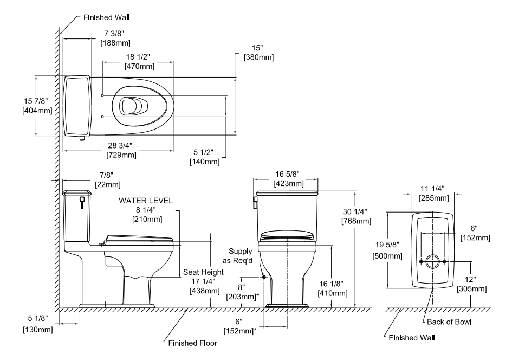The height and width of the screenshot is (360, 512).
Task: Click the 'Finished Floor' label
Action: click(193, 343)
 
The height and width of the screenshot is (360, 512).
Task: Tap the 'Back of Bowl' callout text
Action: click(449, 322)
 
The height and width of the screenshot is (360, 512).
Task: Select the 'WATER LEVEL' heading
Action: click(146, 201)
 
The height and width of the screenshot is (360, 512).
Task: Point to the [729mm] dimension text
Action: click(121, 155)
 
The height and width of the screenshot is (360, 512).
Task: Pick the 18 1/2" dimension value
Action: click(138, 57)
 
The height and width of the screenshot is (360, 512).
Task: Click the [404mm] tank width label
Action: click(37, 111)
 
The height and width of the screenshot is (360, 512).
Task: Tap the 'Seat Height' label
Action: click(203, 272)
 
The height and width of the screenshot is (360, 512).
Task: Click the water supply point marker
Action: click(264, 277)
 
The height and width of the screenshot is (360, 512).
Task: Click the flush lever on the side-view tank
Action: click(82, 202)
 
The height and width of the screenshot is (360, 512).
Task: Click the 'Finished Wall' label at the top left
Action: click(106, 17)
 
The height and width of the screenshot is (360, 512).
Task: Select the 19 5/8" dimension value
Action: click(387, 245)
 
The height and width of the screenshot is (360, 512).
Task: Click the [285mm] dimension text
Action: click(434, 198)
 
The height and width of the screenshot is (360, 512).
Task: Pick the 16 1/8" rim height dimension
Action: click(332, 284)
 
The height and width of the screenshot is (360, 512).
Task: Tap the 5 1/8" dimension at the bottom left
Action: click(37, 318)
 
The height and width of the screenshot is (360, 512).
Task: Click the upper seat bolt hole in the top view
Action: click(102, 95)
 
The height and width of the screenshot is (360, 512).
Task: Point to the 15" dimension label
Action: click(257, 48)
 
